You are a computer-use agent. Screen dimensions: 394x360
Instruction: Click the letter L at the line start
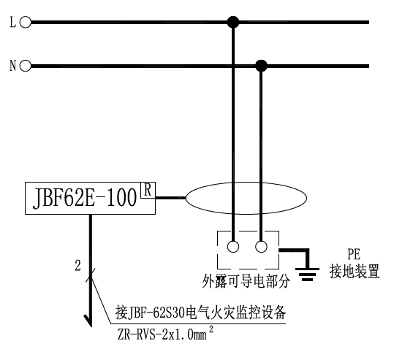click(x=12, y=22)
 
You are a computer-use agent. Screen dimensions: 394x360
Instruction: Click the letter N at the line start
click(x=12, y=66)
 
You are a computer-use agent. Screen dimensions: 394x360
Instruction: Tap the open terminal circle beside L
click(x=26, y=22)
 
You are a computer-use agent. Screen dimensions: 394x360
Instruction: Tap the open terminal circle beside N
click(x=26, y=66)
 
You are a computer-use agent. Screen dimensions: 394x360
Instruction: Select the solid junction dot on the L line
click(x=233, y=22)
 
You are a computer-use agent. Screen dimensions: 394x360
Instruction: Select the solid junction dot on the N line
click(x=261, y=66)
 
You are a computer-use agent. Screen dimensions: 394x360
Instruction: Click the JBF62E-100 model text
click(x=86, y=199)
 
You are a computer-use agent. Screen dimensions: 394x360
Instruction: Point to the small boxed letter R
click(x=148, y=190)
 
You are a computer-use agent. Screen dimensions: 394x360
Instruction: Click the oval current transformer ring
click(x=186, y=198)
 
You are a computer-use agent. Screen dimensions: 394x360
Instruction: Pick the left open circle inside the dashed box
click(x=233, y=247)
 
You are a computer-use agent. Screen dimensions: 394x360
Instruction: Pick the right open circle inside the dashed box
click(x=261, y=247)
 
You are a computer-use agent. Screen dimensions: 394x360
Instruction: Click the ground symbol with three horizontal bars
click(x=307, y=274)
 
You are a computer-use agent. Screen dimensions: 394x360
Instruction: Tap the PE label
click(x=354, y=254)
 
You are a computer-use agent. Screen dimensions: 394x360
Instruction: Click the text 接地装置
click(x=355, y=271)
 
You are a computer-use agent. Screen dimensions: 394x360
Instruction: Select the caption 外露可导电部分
click(x=246, y=281)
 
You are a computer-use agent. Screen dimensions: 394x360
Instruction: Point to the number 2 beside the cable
click(x=78, y=265)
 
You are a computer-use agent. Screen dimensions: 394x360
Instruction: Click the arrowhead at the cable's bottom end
click(x=88, y=321)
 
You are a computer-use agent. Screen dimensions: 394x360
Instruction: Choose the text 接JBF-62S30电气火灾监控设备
click(x=200, y=313)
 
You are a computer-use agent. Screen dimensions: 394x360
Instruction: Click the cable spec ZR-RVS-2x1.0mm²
click(x=165, y=334)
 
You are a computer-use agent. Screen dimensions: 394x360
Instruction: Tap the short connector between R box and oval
click(x=170, y=198)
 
